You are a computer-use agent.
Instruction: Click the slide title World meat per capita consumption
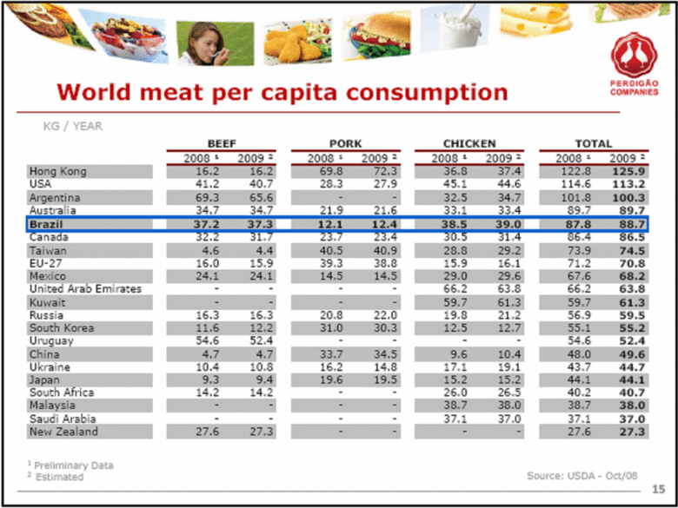point(282,92)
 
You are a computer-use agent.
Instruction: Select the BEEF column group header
point(223,143)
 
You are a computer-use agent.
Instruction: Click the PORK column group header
point(346,143)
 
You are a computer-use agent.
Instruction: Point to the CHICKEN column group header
point(469,143)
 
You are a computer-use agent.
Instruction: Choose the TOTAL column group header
point(593,143)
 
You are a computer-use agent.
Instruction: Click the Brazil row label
point(50,224)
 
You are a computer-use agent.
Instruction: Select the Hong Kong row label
point(57,172)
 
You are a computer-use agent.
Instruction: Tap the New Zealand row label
point(63,432)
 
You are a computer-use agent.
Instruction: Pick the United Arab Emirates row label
point(85,289)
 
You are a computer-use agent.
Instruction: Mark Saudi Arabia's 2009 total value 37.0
point(631,419)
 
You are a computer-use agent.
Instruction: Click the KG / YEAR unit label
point(72,126)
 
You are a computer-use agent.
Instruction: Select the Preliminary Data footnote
point(72,465)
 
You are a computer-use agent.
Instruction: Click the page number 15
point(657,491)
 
